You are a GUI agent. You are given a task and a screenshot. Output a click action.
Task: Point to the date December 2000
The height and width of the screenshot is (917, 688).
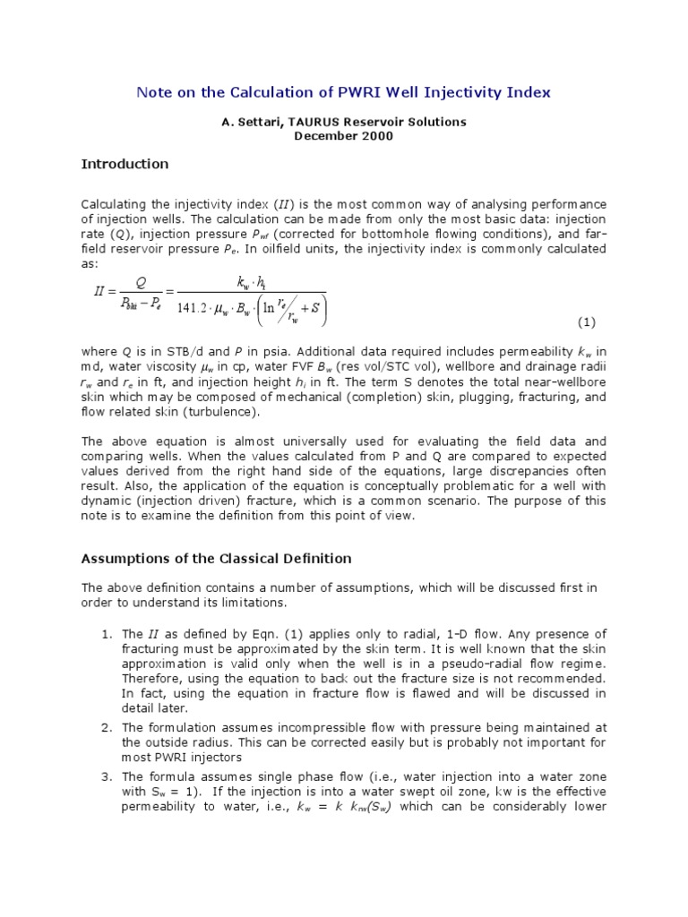(x=344, y=135)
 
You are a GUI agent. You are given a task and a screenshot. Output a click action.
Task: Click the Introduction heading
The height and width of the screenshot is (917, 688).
(x=125, y=164)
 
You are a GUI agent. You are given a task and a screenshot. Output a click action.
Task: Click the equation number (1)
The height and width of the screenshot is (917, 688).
(x=586, y=321)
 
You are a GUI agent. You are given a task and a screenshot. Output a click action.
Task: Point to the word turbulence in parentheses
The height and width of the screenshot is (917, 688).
(x=220, y=412)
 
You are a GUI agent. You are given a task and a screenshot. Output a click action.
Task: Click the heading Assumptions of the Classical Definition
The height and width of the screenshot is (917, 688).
(x=216, y=559)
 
